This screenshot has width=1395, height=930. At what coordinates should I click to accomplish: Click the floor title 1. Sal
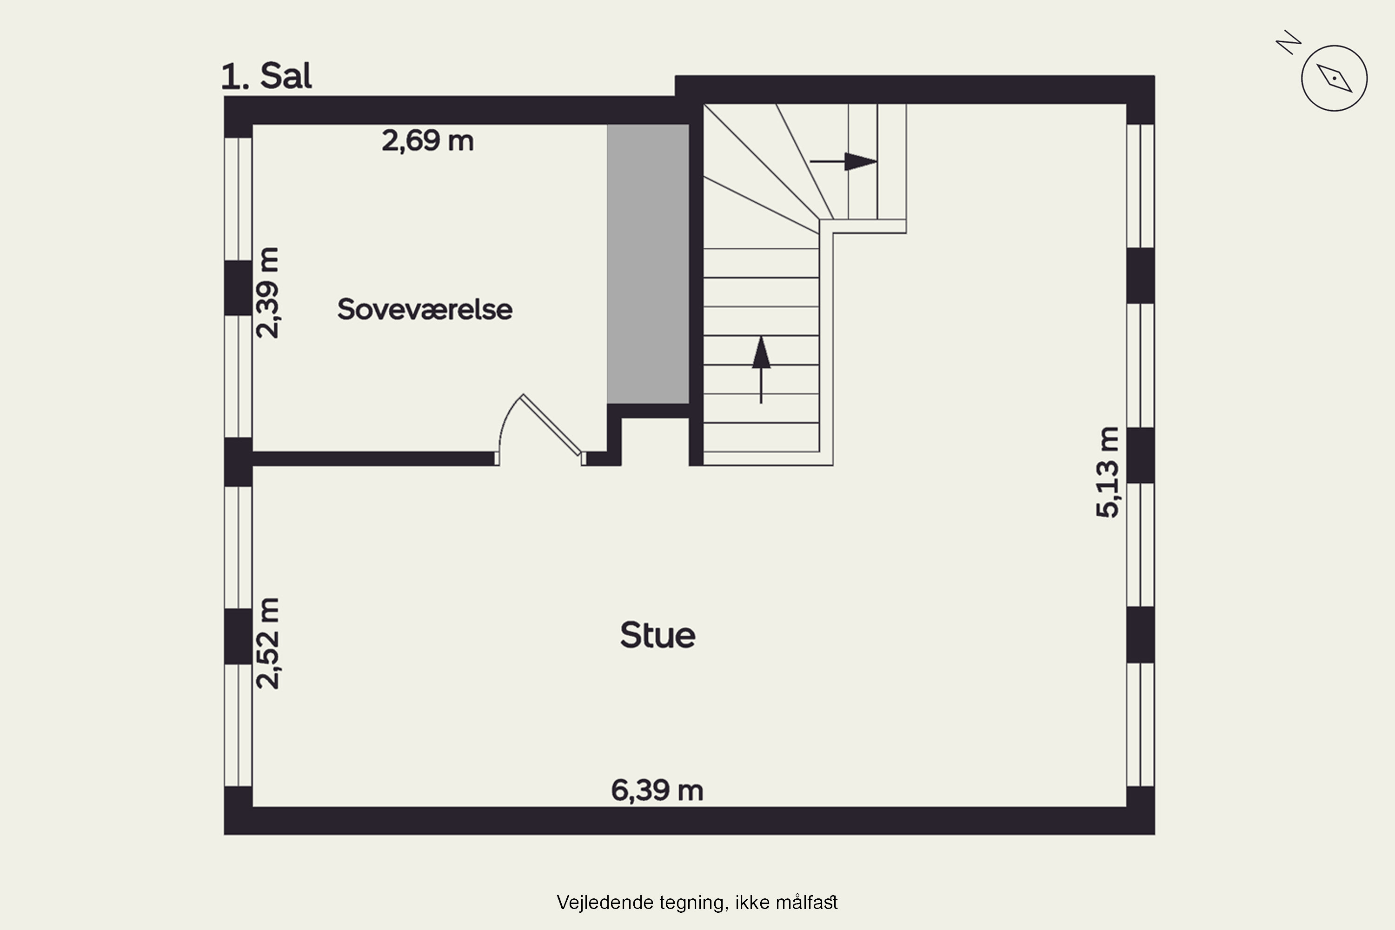pos(266,77)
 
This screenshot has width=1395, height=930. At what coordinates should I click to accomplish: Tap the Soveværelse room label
pos(425,310)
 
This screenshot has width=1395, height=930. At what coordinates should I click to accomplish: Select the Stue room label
pos(658,635)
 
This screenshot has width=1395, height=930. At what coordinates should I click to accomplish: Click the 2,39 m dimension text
pos(267,293)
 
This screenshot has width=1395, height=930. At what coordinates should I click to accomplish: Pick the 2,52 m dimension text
pos(267,643)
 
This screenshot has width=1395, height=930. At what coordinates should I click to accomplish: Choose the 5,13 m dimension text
pos(1107,472)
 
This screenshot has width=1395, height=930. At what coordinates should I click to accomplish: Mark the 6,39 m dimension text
pos(657,790)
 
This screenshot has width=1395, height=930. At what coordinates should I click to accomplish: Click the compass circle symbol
pos(1335,78)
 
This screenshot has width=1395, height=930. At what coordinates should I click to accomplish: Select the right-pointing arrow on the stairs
pos(844,161)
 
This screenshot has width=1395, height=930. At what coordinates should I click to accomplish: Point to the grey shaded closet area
pos(648,264)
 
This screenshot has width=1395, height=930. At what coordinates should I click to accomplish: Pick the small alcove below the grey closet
pos(655,441)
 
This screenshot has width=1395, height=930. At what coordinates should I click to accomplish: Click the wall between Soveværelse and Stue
pos(374,458)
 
